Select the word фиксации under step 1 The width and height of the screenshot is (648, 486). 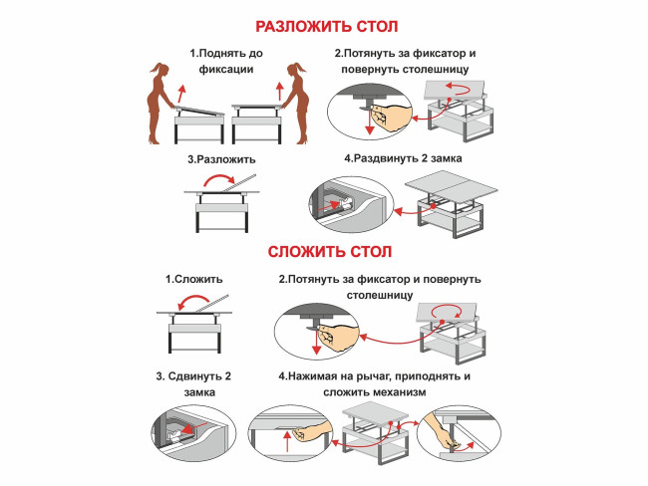pos(222,70)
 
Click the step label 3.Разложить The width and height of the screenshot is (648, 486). pos(221,158)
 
